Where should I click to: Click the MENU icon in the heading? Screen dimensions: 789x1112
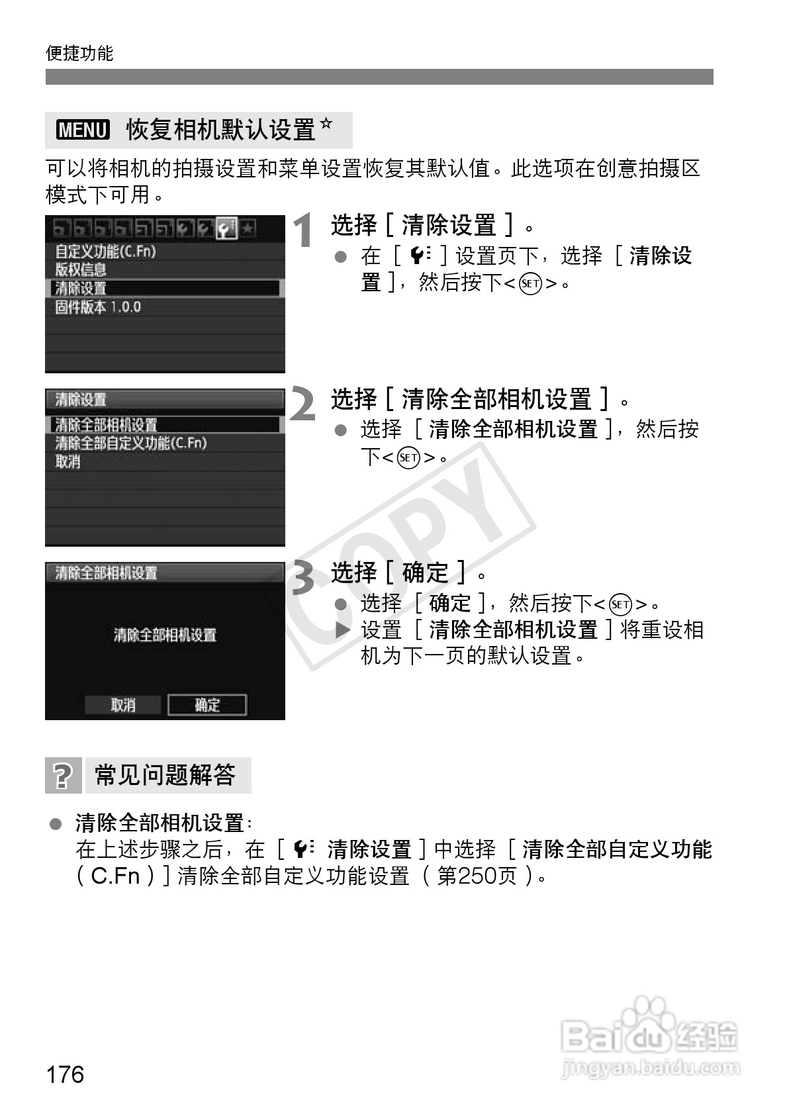tap(83, 130)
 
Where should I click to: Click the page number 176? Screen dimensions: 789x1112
tap(66, 1074)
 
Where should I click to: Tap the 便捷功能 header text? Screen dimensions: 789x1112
tap(79, 53)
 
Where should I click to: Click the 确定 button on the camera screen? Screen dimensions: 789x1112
tap(207, 705)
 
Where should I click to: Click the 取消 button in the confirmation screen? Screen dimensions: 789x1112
tap(123, 705)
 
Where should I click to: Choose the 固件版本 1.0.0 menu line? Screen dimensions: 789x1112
tap(98, 307)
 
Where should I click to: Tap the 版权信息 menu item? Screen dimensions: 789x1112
tap(81, 270)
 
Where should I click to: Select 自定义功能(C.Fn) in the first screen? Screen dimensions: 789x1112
tap(105, 252)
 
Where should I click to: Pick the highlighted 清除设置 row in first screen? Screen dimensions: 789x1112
tap(81, 289)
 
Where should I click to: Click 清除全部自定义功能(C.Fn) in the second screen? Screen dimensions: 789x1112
tap(131, 443)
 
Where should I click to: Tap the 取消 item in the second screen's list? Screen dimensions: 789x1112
tap(68, 462)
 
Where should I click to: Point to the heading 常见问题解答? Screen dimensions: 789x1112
tap(165, 774)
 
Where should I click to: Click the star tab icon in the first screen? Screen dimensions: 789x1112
tap(247, 230)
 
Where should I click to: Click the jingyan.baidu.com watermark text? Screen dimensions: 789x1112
tap(649, 1067)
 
